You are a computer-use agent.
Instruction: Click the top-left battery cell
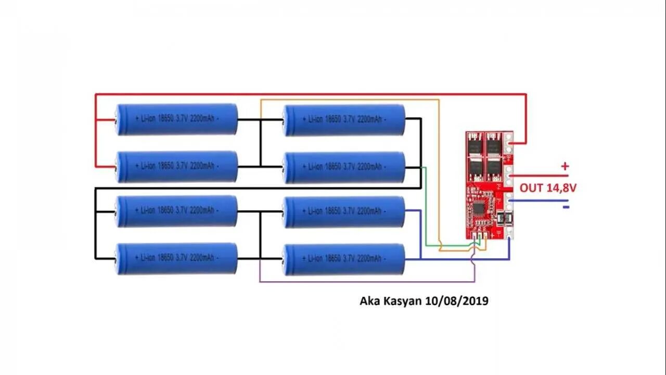point(176,119)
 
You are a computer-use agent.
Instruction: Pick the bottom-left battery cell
point(176,258)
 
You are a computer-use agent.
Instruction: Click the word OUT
point(531,188)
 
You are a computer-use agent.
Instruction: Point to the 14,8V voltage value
point(561,188)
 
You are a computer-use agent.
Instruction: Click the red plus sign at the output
point(565,167)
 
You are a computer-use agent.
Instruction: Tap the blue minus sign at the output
point(566,207)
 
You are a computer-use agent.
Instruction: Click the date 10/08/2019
point(456,301)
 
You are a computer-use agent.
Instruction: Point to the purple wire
point(364,282)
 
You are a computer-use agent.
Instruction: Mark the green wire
point(426,208)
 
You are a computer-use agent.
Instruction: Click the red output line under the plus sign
point(541,176)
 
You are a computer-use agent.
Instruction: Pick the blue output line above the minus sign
point(541,200)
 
